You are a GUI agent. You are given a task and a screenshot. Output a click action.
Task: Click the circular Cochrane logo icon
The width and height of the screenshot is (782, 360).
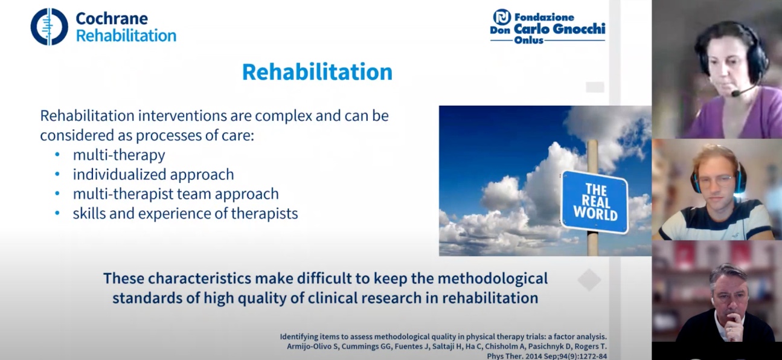[50, 27]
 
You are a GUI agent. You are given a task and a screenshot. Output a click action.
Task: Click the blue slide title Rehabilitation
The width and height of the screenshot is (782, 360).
[318, 72]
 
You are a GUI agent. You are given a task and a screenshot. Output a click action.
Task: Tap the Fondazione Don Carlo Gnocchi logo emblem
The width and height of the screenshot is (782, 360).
[502, 16]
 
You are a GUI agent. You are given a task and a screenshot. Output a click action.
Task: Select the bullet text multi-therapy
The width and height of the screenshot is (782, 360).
[119, 155]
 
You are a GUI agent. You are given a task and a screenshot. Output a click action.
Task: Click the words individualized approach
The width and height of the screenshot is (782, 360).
[153, 174]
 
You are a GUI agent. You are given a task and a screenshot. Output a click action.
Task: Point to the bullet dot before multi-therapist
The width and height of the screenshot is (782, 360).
[57, 193]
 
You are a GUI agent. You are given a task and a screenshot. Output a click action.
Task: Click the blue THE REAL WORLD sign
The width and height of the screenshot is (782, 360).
[595, 202]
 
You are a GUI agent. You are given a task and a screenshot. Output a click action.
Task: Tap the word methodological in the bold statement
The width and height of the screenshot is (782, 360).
[492, 278]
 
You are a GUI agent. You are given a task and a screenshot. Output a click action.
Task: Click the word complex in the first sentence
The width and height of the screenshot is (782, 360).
[283, 116]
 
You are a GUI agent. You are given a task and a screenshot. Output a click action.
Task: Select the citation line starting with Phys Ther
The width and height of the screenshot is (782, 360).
[546, 356]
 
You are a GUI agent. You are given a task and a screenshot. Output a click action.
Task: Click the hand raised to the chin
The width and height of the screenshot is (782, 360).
[728, 327]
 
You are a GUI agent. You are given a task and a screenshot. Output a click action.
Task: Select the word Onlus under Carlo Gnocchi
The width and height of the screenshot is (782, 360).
[528, 40]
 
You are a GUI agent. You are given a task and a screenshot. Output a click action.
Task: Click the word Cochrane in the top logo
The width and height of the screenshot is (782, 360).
[112, 19]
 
